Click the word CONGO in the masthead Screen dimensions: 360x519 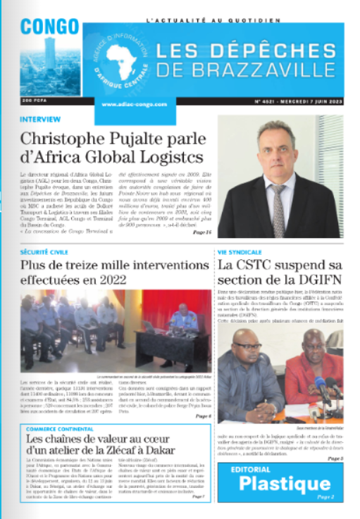click(49, 26)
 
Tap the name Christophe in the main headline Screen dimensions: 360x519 click(69, 139)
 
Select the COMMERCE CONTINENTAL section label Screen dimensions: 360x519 click(67, 428)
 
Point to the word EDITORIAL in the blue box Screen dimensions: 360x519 click(266, 468)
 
